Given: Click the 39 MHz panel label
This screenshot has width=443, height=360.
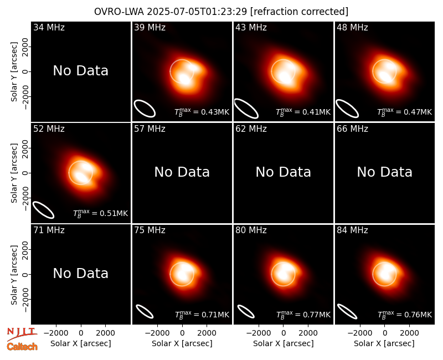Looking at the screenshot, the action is pos(150,27).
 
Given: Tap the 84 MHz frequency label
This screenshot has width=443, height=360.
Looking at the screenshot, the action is pos(352,230).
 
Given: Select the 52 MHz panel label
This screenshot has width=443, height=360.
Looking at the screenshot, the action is pos(49,129).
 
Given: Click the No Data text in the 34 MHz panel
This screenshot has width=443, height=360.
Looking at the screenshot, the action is pos(81,70).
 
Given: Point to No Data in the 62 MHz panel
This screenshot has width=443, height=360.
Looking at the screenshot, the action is pos(284,172).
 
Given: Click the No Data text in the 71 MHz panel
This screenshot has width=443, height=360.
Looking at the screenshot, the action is pos(81,273).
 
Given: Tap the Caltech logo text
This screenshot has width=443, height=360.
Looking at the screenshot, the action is pos(22,347).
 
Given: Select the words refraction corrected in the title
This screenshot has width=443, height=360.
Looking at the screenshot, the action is pos(300,12).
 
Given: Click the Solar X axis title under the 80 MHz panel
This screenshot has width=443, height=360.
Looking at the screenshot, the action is pos(284,343).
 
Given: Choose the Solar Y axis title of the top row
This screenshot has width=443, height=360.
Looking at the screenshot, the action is pos(14,72).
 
